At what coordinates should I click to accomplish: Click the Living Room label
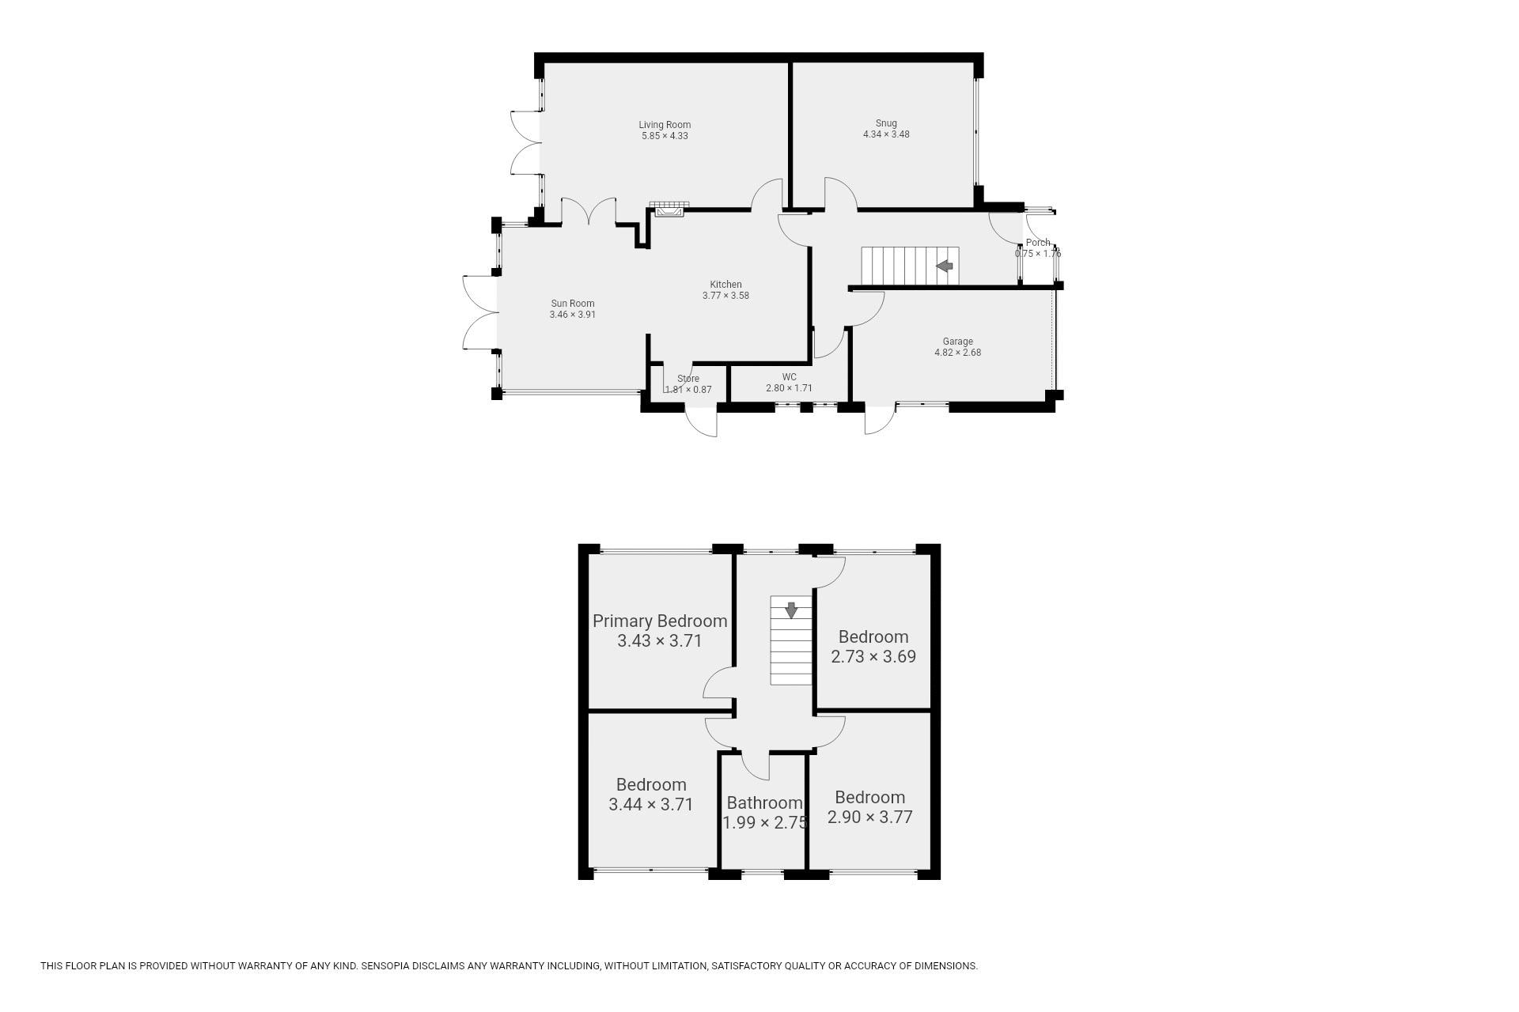tap(665, 125)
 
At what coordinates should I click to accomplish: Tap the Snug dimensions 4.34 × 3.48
tap(886, 134)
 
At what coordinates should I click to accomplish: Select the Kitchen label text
tap(725, 285)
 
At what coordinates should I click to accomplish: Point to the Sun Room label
tap(573, 304)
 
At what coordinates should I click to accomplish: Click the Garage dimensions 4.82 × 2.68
tap(957, 353)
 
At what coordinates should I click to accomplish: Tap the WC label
tap(789, 377)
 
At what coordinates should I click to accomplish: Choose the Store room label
tap(688, 379)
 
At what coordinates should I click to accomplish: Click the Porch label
tap(1038, 243)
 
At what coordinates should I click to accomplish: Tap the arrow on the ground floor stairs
tap(945, 266)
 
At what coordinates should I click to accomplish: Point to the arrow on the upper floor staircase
tap(790, 610)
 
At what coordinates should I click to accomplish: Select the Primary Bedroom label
tap(660, 621)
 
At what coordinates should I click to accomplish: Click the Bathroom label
tap(764, 803)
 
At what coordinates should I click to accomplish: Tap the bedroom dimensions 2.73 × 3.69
tap(873, 656)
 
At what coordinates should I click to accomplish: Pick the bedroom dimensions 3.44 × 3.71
tap(651, 805)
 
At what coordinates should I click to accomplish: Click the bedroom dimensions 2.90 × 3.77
tap(870, 818)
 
